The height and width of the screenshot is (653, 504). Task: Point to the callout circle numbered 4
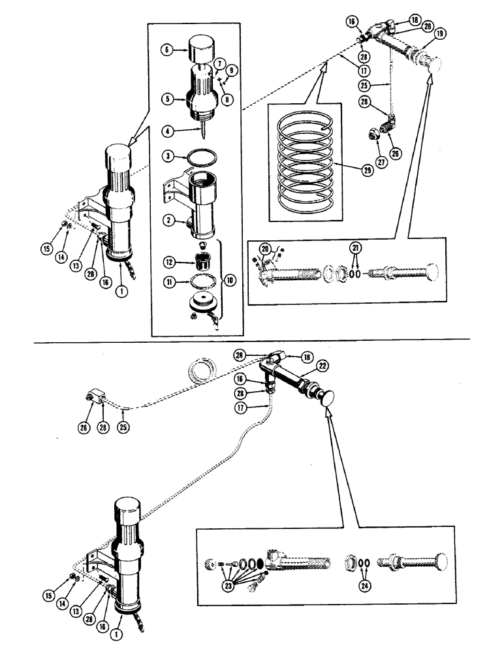(x=168, y=131)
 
